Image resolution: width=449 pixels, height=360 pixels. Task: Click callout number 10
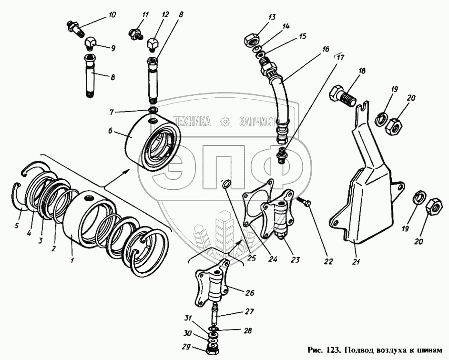pos(112,15)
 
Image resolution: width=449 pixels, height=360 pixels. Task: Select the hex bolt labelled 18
pos(343,95)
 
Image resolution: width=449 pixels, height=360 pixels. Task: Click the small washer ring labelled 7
pos(153,110)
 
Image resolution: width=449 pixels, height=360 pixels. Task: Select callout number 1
pos(72,260)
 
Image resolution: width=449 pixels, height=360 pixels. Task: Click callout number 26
pos(249,293)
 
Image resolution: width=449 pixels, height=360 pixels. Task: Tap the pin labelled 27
pos(215,315)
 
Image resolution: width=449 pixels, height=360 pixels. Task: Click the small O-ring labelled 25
pos(226,184)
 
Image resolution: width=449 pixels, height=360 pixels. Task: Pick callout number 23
pos(295,260)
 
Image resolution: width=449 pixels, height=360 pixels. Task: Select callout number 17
pos(340,58)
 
